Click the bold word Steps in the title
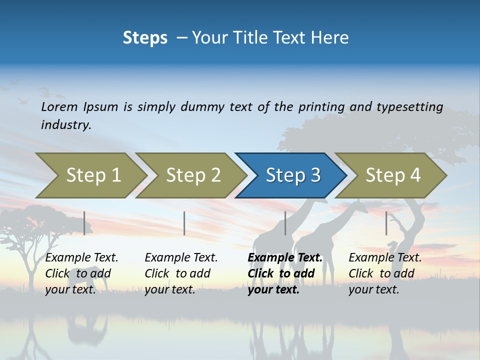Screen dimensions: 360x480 [x=145, y=38]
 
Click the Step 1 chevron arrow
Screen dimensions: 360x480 [x=93, y=175]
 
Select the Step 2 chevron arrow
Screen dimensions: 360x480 [x=193, y=175]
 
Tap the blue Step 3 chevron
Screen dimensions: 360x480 [x=293, y=175]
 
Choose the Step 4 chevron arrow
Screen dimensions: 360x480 [x=393, y=175]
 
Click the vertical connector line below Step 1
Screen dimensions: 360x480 [x=84, y=223]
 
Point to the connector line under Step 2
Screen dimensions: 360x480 [x=184, y=223]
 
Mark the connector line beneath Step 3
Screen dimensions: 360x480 [x=285, y=223]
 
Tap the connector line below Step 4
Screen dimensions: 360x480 [x=386, y=223]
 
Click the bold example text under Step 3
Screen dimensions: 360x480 [x=284, y=273]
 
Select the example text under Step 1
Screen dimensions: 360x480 [x=81, y=273]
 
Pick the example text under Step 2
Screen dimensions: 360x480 [x=181, y=273]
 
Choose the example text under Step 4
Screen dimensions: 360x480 [x=385, y=273]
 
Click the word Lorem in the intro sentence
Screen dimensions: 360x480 [x=59, y=107]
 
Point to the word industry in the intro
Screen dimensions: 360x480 [x=66, y=124]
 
